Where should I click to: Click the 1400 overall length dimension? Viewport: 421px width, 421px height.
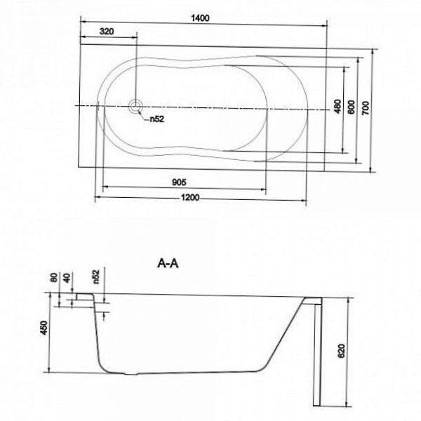pyautogui.click(x=200, y=18)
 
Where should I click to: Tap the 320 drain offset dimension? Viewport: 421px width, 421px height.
pyautogui.click(x=107, y=32)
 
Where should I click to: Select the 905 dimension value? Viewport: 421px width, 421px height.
pyautogui.click(x=179, y=182)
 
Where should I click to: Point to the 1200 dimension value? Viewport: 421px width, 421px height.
pyautogui.click(x=190, y=198)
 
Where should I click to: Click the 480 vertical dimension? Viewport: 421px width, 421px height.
pyautogui.click(x=338, y=107)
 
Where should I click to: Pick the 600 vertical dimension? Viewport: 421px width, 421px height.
pyautogui.click(x=351, y=107)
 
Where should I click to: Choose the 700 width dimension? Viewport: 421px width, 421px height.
pyautogui.click(x=365, y=109)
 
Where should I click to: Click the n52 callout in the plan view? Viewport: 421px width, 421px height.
pyautogui.click(x=156, y=119)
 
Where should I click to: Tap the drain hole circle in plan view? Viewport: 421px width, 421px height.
pyautogui.click(x=135, y=107)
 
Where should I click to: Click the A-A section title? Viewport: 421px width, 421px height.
pyautogui.click(x=168, y=264)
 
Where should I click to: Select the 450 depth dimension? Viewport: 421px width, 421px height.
pyautogui.click(x=44, y=328)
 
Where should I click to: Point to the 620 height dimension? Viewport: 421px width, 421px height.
pyautogui.click(x=341, y=351)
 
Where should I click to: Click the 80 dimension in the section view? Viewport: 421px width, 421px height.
pyautogui.click(x=54, y=278)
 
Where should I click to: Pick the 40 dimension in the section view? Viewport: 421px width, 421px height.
pyautogui.click(x=67, y=278)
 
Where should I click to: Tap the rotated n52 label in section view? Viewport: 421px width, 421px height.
pyautogui.click(x=96, y=277)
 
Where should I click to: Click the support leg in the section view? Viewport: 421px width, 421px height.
pyautogui.click(x=317, y=355)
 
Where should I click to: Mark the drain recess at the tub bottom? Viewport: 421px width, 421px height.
pyautogui.click(x=131, y=373)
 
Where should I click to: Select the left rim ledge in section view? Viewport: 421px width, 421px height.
pyautogui.click(x=85, y=296)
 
